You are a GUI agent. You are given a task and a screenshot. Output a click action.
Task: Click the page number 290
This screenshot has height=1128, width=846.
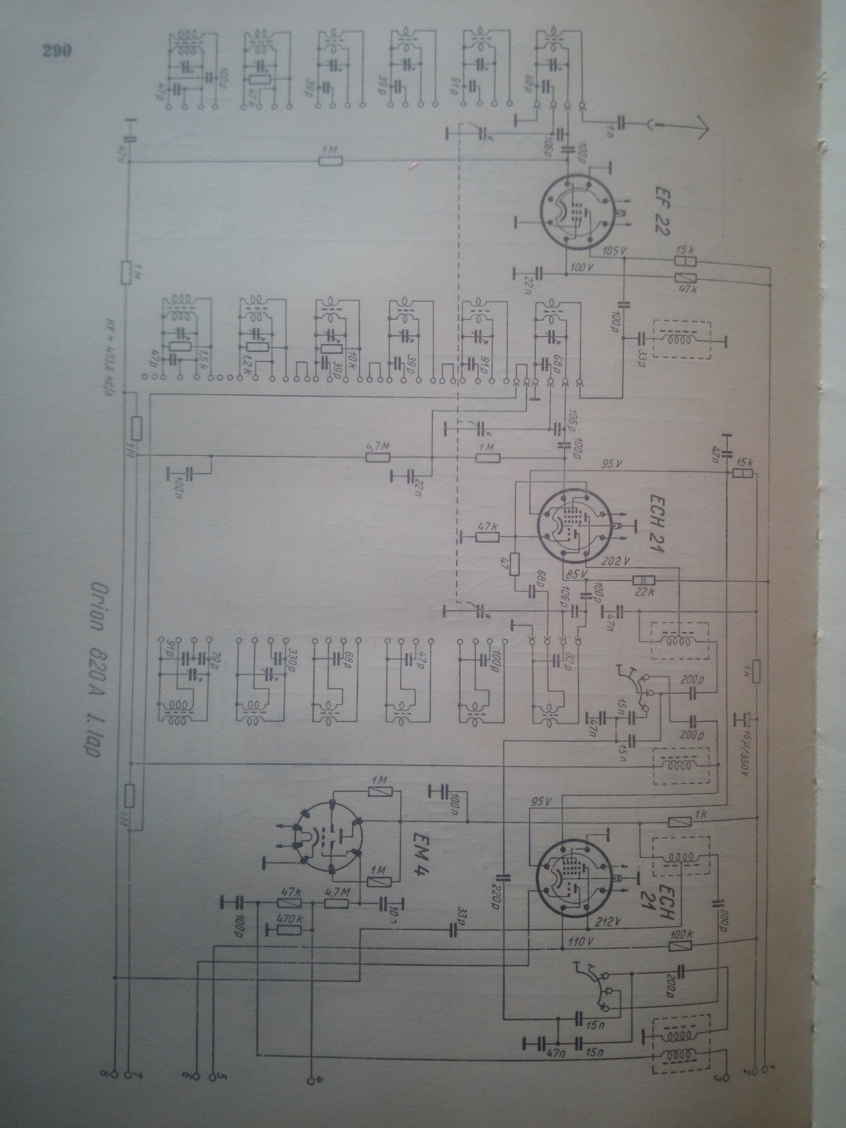(x=57, y=51)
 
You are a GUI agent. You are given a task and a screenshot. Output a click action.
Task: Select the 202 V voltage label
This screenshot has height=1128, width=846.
(x=616, y=562)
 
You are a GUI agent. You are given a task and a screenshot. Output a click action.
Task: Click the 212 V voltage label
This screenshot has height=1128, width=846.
(x=609, y=921)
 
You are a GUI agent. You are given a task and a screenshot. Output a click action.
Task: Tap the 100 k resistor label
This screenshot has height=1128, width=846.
(x=681, y=934)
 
